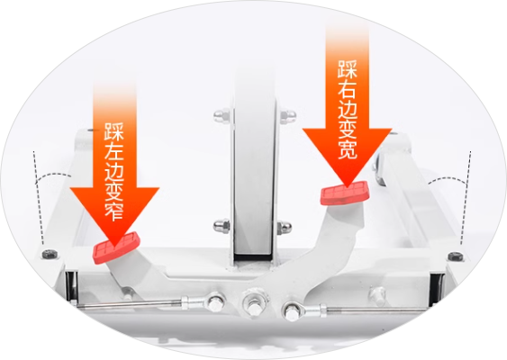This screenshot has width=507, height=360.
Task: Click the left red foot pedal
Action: [x=116, y=247]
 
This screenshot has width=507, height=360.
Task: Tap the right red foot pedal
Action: [x=345, y=193]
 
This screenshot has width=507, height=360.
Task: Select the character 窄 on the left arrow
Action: [x=114, y=211]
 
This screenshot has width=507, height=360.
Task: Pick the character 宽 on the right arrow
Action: [x=348, y=149]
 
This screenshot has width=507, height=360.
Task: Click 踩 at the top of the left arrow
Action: [x=113, y=131]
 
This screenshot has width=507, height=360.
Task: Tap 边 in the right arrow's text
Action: [x=348, y=110]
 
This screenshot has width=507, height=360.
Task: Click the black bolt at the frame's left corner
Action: [x=50, y=254]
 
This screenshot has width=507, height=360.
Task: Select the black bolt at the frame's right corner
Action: [x=455, y=256]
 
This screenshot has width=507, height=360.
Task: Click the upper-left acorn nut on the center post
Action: [x=222, y=114]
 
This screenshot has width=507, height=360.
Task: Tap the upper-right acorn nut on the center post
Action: [x=287, y=115]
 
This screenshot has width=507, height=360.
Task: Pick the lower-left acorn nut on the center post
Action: [x=222, y=225]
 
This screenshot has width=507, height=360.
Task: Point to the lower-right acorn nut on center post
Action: [x=284, y=227]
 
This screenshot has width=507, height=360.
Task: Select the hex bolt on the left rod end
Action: [x=215, y=302]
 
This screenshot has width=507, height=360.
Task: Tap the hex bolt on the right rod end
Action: [x=292, y=310]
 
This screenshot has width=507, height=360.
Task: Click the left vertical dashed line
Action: [x=38, y=197]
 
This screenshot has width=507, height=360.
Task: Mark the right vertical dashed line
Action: [x=466, y=198]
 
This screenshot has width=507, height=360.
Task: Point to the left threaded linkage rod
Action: [x=130, y=304]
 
